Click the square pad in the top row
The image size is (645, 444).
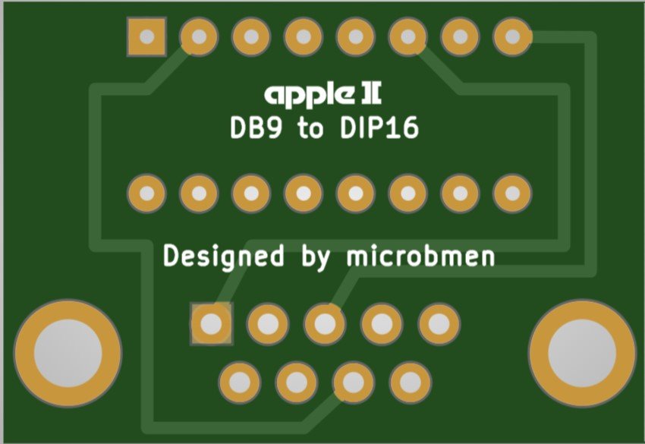click(x=147, y=36)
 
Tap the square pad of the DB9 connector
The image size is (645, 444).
click(x=212, y=324)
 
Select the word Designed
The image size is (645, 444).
click(x=225, y=257)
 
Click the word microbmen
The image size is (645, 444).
click(x=420, y=256)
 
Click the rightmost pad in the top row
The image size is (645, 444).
click(x=512, y=36)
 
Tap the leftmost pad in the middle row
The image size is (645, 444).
click(x=147, y=194)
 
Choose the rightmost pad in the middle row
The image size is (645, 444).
click(x=512, y=194)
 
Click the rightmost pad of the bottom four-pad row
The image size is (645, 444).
click(x=411, y=382)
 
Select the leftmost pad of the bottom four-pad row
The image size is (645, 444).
click(x=240, y=382)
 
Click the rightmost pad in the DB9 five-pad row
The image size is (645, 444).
click(x=439, y=324)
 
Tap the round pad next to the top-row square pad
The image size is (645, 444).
click(x=199, y=36)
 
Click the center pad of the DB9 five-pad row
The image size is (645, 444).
click(x=325, y=324)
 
